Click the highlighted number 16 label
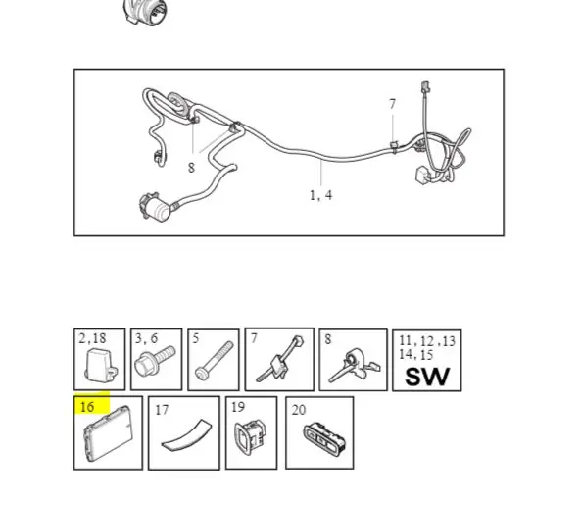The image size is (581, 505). coord(87,407)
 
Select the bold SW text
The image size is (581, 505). coord(427,377)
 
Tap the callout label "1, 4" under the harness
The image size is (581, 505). coord(321,195)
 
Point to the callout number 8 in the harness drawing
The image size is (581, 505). coord(191,168)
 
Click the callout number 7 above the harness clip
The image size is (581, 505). coord(393,104)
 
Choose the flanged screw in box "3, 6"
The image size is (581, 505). coord(155,360)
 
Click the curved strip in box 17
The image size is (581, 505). coord(186,436)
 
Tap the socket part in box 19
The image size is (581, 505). coord(250,437)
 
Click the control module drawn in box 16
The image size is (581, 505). coord(108,432)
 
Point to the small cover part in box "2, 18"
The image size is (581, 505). coord(101,366)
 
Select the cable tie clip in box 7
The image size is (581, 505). coord(279,359)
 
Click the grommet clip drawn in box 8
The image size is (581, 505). coord(354,365)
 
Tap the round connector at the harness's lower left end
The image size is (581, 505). coord(155,205)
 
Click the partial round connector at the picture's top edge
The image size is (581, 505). coord(145,11)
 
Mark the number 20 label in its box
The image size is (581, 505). coord(299,410)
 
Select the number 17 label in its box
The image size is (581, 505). coord(162,410)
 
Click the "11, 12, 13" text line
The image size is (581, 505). coord(427,340)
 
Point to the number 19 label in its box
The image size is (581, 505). coord(238,407)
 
